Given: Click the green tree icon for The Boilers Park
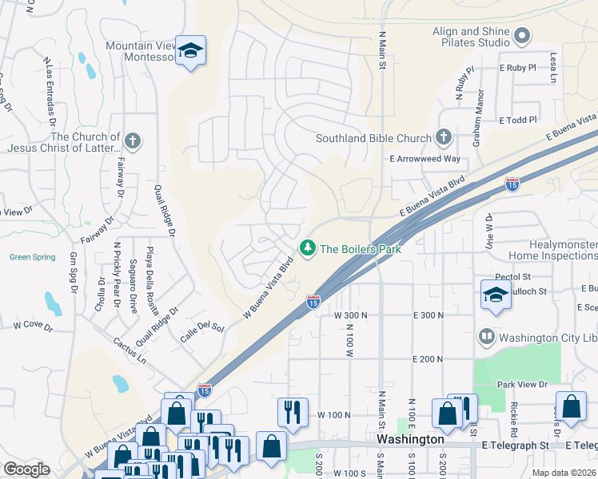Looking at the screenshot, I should tap(307, 249).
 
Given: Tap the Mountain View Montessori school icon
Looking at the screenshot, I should tap(190, 51).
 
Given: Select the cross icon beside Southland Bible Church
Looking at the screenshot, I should tap(444, 138).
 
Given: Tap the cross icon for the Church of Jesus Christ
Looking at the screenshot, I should tap(133, 142).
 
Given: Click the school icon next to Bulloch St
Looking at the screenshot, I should tap(496, 295).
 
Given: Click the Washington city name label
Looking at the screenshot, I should tap(410, 439).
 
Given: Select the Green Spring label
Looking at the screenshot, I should tap(33, 257).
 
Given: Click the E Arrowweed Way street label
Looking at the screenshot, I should tap(425, 159).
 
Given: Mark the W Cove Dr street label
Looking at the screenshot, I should tap(33, 327).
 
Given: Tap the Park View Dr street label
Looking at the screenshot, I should tap(521, 384).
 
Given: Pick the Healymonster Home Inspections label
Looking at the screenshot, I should tap(552, 250).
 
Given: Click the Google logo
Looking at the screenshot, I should tap(27, 469).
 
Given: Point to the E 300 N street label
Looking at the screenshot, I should tap(429, 316).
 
